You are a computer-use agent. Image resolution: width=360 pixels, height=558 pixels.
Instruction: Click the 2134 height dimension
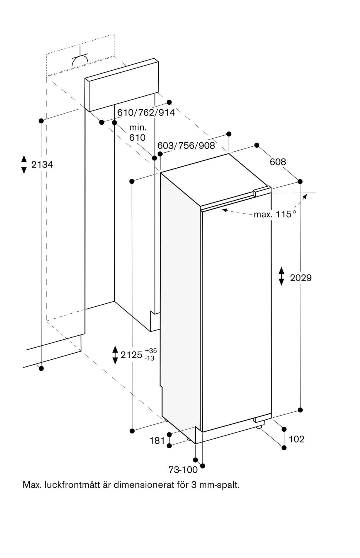click(x=42, y=165)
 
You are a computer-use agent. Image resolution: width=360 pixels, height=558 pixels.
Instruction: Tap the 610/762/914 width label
click(x=146, y=112)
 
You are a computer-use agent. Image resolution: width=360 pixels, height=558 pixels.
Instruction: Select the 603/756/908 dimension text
click(x=186, y=145)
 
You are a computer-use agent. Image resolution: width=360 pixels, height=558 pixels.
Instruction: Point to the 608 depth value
click(x=278, y=162)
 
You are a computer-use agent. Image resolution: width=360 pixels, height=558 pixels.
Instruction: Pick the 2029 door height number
click(x=301, y=278)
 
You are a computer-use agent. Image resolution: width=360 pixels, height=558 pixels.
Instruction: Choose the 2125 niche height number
click(x=131, y=355)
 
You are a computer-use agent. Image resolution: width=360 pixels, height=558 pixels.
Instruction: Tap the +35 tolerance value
click(x=151, y=351)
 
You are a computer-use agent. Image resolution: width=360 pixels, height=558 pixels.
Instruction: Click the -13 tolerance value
click(x=150, y=358)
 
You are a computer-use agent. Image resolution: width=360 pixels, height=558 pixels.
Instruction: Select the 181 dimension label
click(x=157, y=441)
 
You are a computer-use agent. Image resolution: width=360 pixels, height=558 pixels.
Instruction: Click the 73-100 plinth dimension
click(x=183, y=470)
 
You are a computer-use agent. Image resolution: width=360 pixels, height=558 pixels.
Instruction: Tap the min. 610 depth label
click(x=137, y=133)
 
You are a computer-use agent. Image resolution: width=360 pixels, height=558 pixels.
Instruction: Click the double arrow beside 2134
click(x=24, y=165)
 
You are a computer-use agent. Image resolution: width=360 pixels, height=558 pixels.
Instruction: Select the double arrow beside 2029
click(x=281, y=276)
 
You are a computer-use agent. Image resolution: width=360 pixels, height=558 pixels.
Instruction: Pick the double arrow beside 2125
click(x=115, y=355)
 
